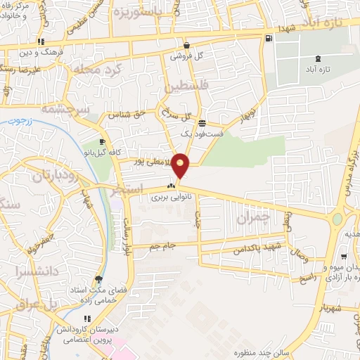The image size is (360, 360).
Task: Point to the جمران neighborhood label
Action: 254,218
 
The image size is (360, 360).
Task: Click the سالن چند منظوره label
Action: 243,352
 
